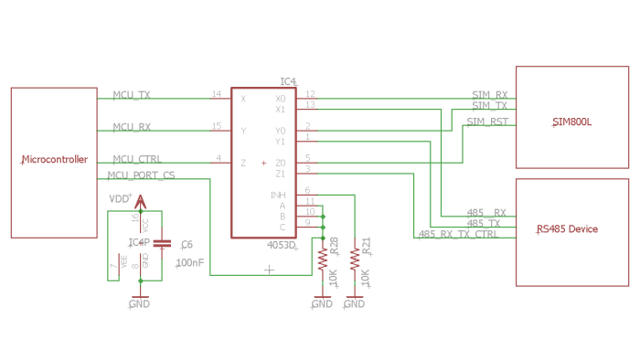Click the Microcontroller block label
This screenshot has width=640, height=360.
(x=55, y=160)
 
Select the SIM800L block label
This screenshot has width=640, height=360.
(x=571, y=122)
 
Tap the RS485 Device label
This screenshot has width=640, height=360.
(x=567, y=229)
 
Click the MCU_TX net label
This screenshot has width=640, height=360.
(x=131, y=94)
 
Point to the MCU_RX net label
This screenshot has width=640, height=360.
(x=131, y=127)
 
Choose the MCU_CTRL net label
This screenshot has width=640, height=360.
(x=136, y=159)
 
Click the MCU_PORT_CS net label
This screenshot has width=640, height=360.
(x=141, y=175)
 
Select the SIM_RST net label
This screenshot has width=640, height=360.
(x=486, y=122)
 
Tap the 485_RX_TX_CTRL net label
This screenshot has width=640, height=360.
(x=458, y=235)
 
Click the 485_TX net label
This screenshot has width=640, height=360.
(x=483, y=223)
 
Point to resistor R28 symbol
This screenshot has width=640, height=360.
(x=322, y=259)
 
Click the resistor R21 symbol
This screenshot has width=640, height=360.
(x=354, y=259)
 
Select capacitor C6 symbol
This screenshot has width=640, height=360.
(x=162, y=244)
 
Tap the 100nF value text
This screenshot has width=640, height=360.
(x=190, y=262)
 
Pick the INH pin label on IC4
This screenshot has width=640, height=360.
(x=278, y=195)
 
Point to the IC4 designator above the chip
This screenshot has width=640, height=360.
(x=288, y=82)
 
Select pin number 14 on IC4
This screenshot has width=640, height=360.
(x=216, y=94)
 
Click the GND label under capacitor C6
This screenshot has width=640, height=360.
(x=139, y=303)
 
